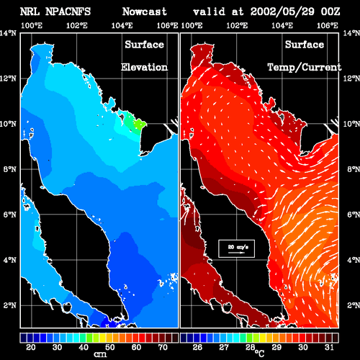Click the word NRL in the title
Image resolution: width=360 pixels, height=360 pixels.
point(30,12)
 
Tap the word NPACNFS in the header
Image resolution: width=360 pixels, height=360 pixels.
point(68,12)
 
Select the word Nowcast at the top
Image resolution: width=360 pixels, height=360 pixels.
point(145,12)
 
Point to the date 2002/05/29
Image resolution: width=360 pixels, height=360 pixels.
point(282,12)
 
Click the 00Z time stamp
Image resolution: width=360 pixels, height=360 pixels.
point(330,12)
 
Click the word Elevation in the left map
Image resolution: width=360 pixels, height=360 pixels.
point(144,67)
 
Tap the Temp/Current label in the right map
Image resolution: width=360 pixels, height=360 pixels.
point(305,68)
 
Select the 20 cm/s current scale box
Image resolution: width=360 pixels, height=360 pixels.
point(236,248)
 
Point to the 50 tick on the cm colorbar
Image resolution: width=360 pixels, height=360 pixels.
point(109,347)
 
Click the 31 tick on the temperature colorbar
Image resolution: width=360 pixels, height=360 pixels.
point(329,347)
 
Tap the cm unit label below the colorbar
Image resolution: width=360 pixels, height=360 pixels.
point(100,354)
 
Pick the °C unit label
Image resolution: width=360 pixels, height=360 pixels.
point(259,354)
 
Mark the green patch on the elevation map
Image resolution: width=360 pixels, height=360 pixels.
point(135,122)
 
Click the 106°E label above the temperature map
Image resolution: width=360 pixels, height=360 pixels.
point(328,25)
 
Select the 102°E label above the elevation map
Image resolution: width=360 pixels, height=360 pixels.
point(77,25)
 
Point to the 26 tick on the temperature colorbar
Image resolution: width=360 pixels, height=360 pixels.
point(197,347)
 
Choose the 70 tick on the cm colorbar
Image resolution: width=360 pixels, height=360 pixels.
point(163,347)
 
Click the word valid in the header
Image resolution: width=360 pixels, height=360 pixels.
point(209,12)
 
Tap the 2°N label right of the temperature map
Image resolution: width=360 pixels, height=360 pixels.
point(354,305)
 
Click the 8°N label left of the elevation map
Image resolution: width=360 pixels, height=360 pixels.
point(10,169)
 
